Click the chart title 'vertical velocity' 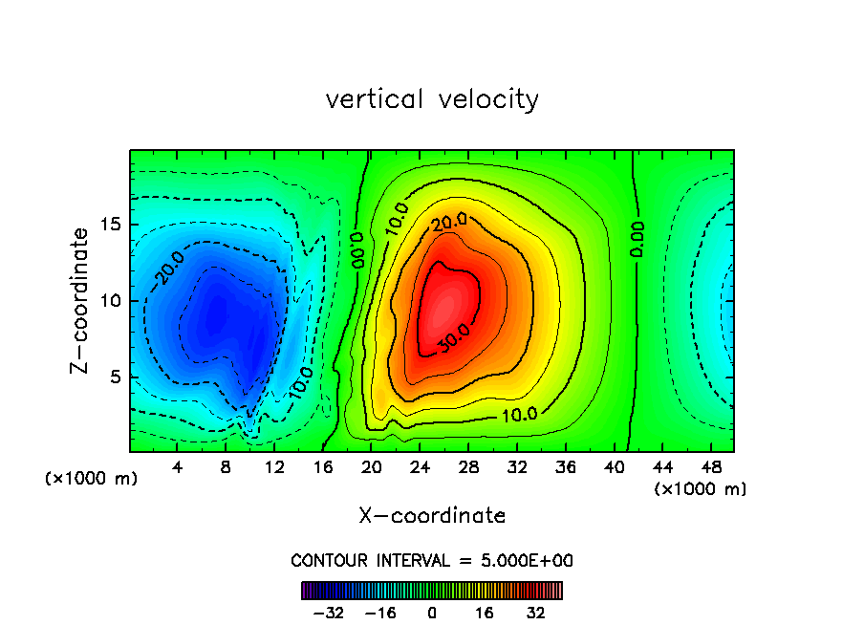432,99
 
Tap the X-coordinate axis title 432,516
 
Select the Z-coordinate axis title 82,300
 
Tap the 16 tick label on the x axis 323,467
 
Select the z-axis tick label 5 116,377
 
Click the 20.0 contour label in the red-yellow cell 448,223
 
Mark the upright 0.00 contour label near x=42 637,239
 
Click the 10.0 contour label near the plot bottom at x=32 519,414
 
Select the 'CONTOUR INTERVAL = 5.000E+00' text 432,560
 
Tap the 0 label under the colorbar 432,613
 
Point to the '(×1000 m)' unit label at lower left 92,479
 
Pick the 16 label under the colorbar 485,613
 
